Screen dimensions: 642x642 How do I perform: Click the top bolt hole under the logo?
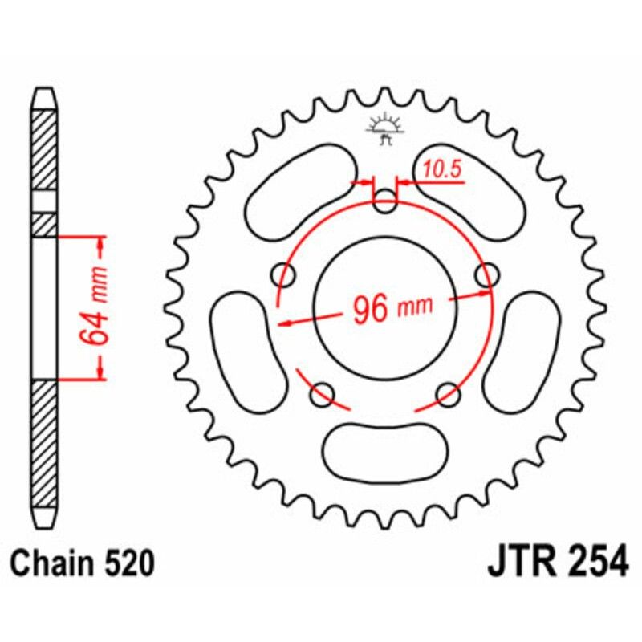(386, 201)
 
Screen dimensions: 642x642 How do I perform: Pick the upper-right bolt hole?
(486, 274)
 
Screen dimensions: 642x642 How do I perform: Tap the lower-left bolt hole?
(323, 392)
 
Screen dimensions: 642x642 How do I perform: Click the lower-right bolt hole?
(449, 392)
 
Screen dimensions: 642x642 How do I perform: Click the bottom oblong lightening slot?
(386, 448)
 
